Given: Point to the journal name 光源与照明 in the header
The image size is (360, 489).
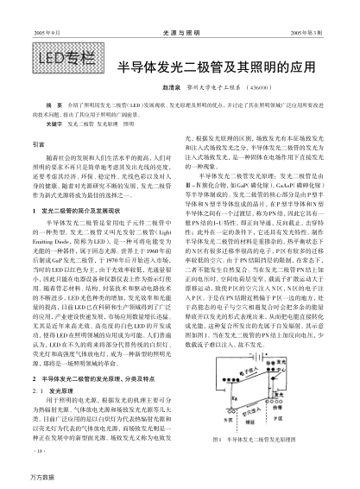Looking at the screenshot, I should pos(180,8).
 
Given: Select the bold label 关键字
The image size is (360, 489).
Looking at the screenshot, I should pos(39,124).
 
